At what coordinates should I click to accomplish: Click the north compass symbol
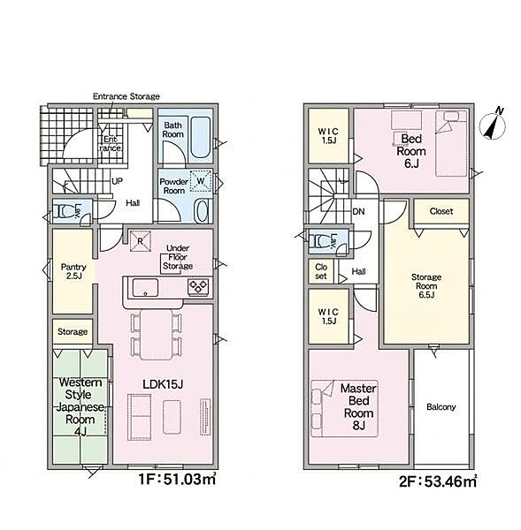(493, 125)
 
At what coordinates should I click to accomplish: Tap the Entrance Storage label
(126, 96)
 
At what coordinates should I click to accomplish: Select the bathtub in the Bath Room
(201, 137)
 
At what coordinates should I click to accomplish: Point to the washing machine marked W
(201, 181)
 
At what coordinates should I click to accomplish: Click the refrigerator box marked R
(140, 241)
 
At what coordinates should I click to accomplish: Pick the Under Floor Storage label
(178, 257)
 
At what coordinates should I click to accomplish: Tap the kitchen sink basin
(145, 287)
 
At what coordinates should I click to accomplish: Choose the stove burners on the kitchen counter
(198, 287)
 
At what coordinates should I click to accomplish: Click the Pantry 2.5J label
(73, 271)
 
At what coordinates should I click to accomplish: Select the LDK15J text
(163, 384)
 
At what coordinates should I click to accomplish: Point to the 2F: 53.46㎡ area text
(438, 481)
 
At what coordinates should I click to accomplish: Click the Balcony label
(441, 407)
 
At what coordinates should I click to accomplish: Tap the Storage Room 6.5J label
(426, 286)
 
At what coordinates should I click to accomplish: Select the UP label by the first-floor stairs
(117, 181)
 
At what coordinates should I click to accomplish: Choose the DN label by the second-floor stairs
(358, 212)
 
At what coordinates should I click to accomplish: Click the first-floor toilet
(64, 212)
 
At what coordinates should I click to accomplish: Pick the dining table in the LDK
(157, 335)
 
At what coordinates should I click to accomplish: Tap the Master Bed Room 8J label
(358, 407)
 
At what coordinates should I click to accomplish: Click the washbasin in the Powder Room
(202, 211)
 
